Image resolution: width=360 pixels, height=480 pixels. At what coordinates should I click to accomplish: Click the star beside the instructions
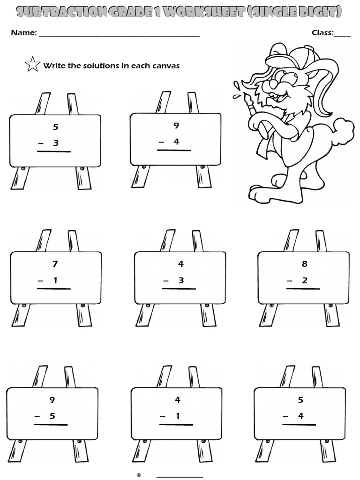click(x=32, y=64)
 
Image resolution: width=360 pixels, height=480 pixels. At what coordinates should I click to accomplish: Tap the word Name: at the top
click(x=24, y=33)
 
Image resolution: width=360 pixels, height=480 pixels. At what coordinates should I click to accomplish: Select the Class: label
click(x=322, y=33)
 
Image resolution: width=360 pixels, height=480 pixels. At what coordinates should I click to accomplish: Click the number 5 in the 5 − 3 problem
click(x=56, y=127)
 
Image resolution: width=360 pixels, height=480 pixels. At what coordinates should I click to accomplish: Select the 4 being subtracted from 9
click(x=176, y=142)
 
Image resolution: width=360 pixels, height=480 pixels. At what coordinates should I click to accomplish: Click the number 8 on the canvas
click(x=305, y=264)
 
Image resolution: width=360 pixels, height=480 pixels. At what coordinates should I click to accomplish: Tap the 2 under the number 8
click(x=305, y=280)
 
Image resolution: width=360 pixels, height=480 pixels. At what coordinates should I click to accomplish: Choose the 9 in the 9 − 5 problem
click(x=52, y=400)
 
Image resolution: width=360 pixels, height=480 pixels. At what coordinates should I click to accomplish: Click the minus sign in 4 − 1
click(x=163, y=416)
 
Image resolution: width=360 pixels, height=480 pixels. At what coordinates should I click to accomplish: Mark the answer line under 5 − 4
click(x=299, y=425)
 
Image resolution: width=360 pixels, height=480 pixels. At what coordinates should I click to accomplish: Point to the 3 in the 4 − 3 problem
click(x=181, y=280)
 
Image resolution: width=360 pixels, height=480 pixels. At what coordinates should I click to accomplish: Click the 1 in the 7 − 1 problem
click(x=55, y=280)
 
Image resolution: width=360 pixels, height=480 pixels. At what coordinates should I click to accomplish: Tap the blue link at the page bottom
click(x=180, y=476)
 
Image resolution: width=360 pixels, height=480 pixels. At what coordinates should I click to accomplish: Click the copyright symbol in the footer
click(x=139, y=475)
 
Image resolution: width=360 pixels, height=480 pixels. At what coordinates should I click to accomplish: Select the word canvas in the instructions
click(x=166, y=66)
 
